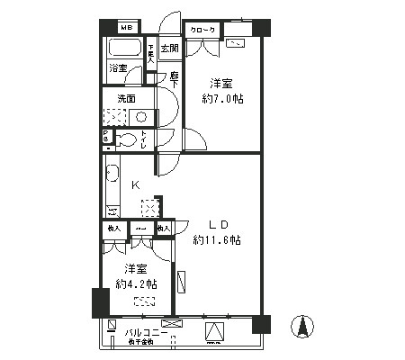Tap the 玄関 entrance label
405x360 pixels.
click(169, 49)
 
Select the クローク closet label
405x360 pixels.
click(201, 30)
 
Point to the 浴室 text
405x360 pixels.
click(118, 68)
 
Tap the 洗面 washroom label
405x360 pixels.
click(124, 99)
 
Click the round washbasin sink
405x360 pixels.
click(141, 117)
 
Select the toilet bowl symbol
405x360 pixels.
click(128, 139)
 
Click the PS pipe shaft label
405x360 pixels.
click(106, 136)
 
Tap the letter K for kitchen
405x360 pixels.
click(137, 185)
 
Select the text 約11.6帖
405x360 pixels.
click(217, 240)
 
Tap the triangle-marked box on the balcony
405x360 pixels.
click(216, 332)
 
